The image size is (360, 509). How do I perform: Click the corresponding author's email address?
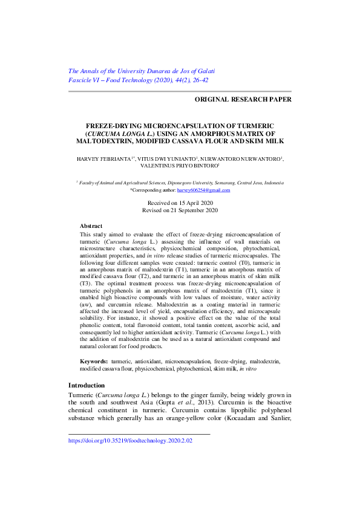[203, 190]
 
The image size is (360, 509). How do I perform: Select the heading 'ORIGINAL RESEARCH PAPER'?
[243, 99]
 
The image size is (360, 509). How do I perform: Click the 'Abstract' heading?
[91, 225]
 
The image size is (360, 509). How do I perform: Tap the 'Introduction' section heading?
[87, 385]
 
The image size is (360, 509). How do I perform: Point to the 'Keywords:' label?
[94, 360]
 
